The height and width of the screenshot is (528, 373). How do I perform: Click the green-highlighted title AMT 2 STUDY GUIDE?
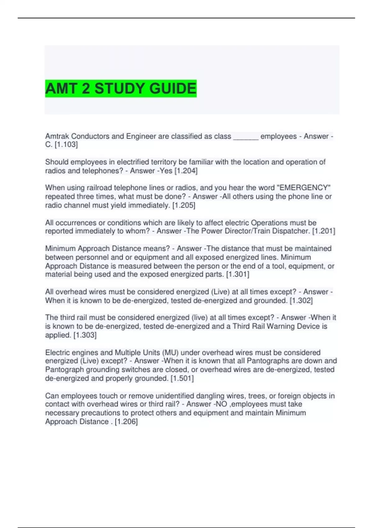point(121,89)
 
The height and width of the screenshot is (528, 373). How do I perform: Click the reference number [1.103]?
point(66,145)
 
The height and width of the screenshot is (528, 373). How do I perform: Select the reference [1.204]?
point(186,171)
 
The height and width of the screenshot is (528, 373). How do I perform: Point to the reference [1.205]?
point(184,205)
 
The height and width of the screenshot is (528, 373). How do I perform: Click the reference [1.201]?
point(324,231)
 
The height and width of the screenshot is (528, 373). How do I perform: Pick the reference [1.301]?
point(237,275)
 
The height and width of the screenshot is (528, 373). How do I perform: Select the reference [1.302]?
point(301,301)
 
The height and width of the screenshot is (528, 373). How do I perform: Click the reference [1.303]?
point(85,335)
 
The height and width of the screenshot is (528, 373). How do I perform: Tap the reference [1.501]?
point(182,378)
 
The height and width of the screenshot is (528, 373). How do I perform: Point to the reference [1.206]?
point(126,422)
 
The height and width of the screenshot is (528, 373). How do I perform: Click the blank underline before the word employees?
point(246,137)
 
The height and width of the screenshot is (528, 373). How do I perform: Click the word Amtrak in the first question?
point(57,136)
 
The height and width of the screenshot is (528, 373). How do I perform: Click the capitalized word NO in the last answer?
point(220,404)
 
